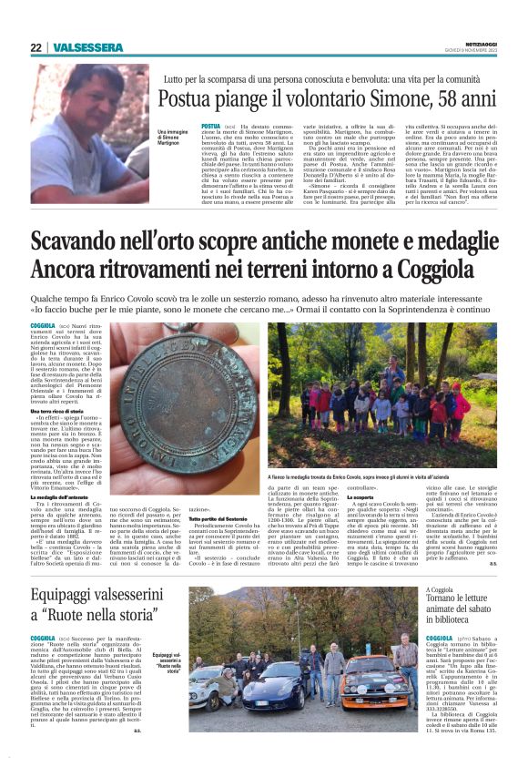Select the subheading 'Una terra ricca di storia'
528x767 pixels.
click(60, 411)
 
